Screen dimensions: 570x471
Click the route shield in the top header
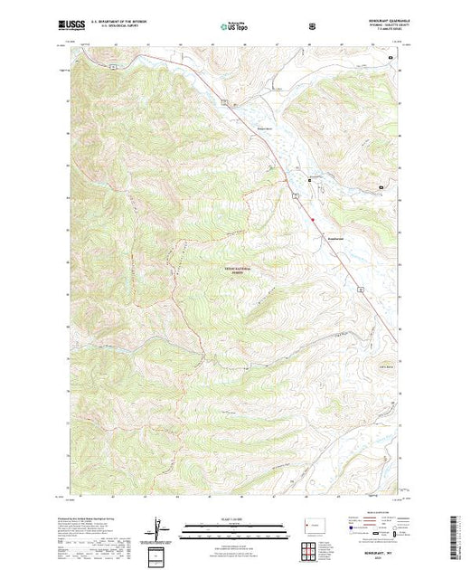[312, 25]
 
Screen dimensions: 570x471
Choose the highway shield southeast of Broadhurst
[359, 289]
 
